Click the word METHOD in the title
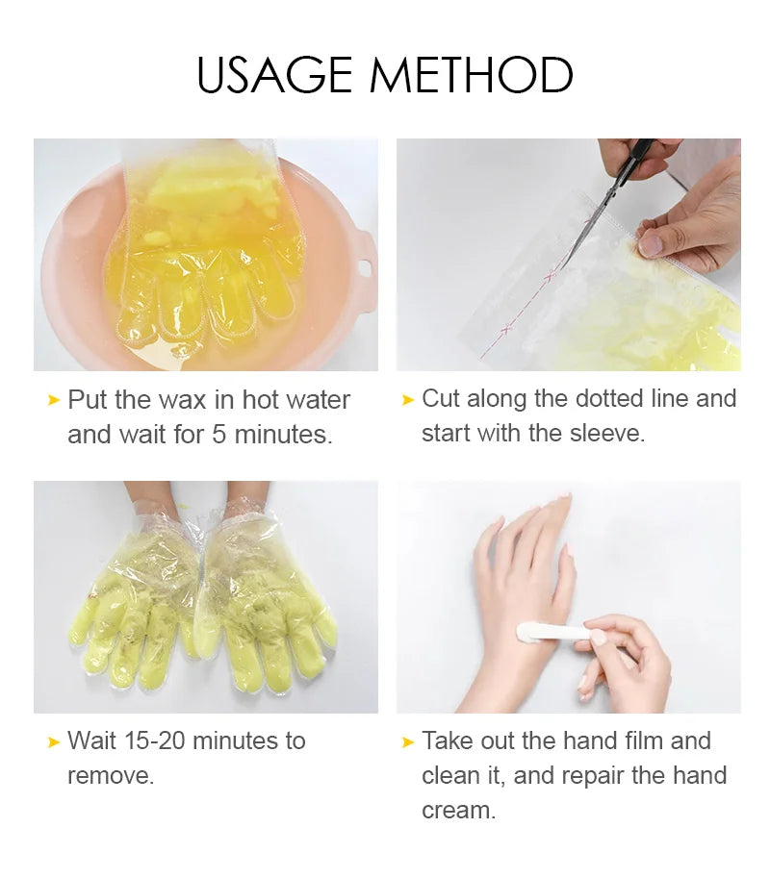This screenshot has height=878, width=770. (x=472, y=75)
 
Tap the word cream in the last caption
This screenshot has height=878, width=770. (x=457, y=810)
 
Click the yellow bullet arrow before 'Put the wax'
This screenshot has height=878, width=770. (x=54, y=400)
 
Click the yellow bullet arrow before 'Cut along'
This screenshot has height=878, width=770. (x=408, y=399)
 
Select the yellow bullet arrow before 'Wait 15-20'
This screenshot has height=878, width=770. (x=54, y=741)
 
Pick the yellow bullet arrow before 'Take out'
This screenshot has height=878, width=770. (x=408, y=741)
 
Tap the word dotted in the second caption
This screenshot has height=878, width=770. (x=621, y=398)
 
